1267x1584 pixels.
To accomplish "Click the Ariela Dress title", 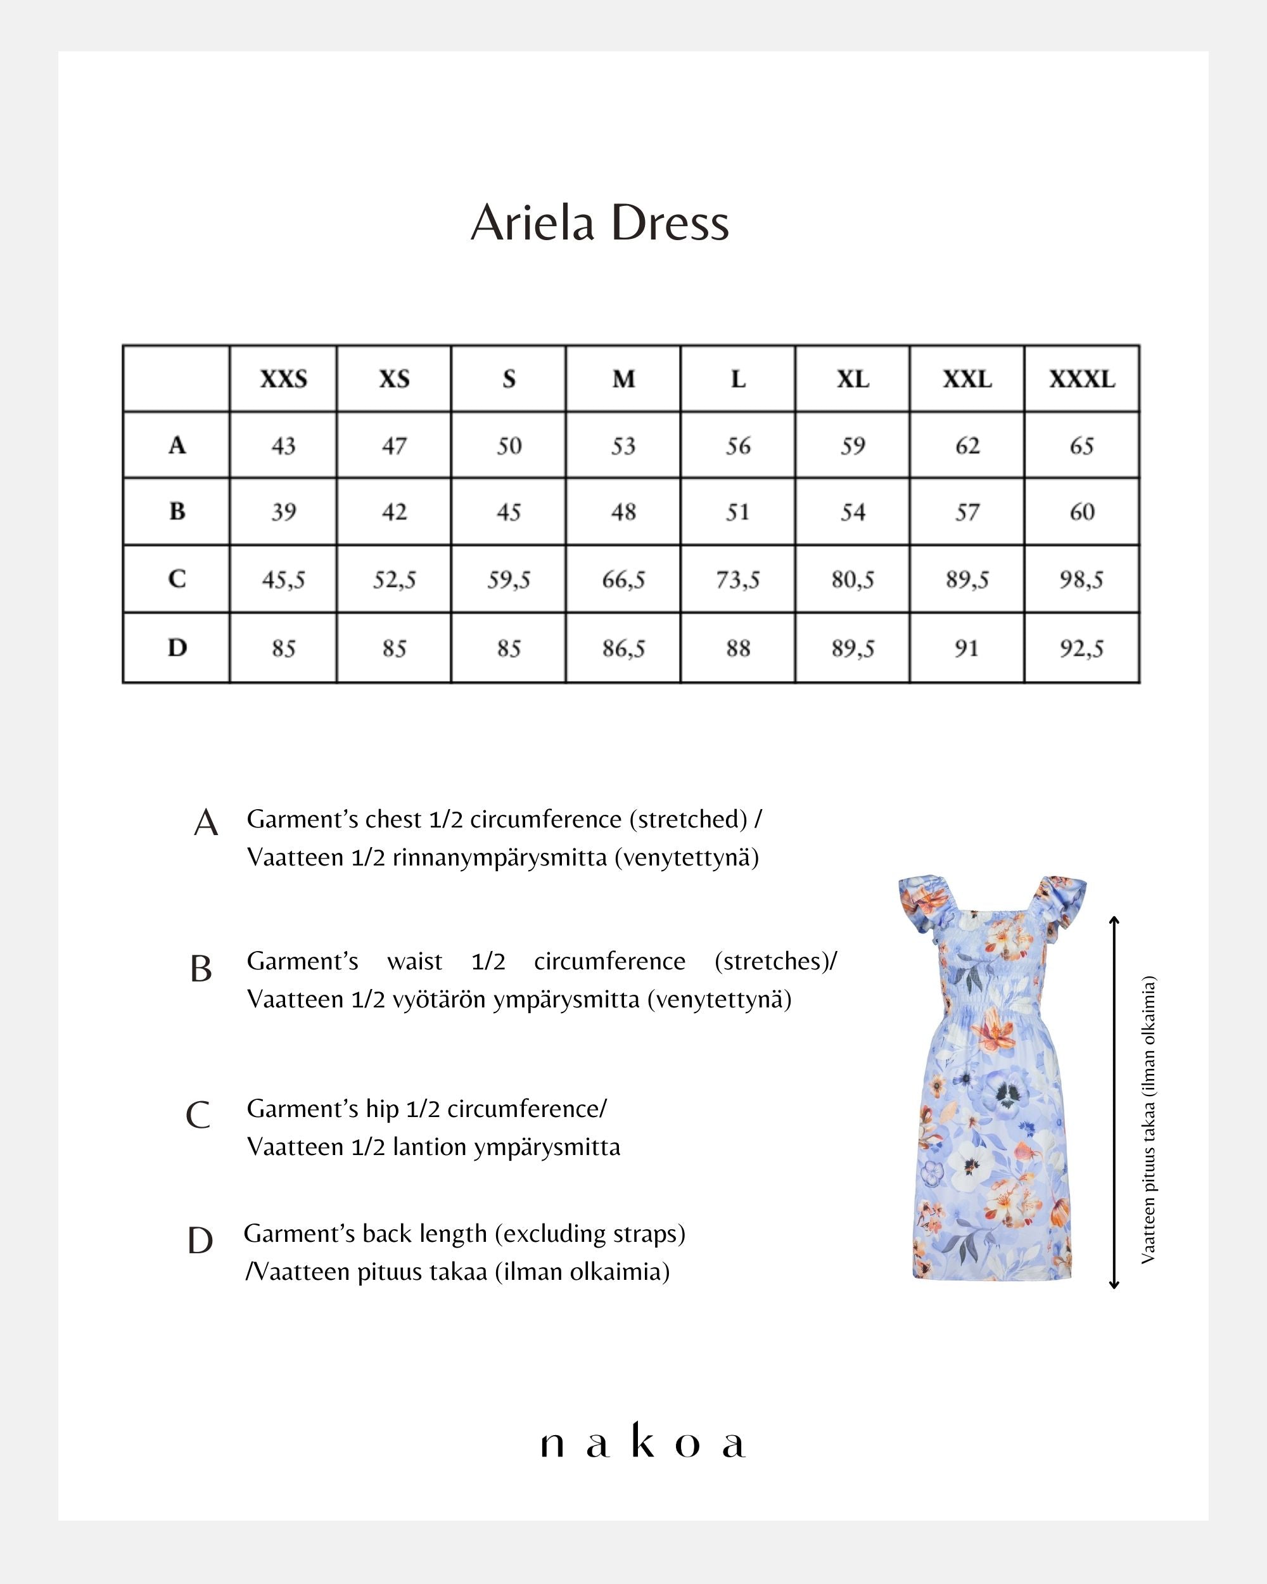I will click(x=599, y=222).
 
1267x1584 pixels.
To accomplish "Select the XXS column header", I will click(x=284, y=379).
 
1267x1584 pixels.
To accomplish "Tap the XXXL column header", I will click(x=1082, y=379).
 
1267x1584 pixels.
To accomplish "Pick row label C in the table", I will click(x=177, y=579).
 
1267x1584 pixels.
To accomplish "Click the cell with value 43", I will click(x=284, y=446).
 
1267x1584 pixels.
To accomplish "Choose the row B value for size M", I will click(x=623, y=512).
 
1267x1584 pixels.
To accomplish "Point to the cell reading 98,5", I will click(x=1081, y=580).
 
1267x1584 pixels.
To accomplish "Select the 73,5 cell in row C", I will click(x=738, y=580).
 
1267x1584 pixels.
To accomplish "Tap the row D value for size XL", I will click(x=853, y=649).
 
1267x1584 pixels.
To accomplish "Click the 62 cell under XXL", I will click(x=967, y=446).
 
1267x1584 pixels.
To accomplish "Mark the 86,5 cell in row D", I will click(x=623, y=649).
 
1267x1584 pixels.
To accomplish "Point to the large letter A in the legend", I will click(x=206, y=823).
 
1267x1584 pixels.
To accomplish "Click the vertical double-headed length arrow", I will click(x=1114, y=1102).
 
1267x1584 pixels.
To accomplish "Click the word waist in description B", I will click(x=415, y=962).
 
